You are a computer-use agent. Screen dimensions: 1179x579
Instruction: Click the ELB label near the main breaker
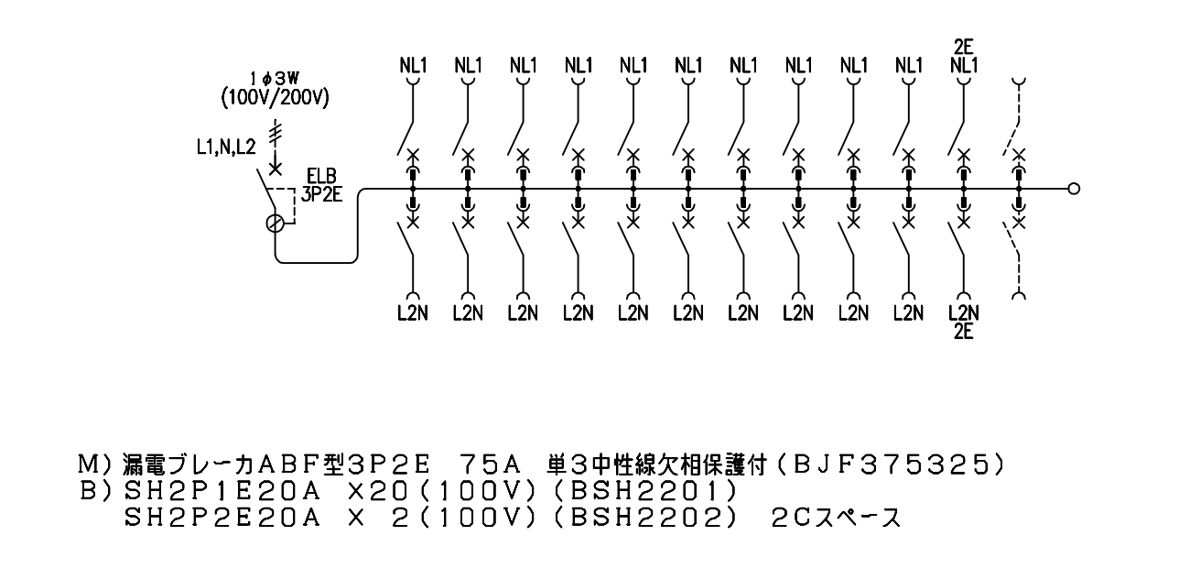coord(321,175)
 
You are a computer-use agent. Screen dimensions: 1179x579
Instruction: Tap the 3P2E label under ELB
coord(321,194)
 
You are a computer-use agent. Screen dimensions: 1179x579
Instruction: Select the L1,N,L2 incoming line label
coord(226,147)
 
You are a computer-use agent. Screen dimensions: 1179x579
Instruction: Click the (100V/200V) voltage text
coord(276,98)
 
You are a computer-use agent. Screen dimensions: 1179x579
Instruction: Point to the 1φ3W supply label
coord(275,79)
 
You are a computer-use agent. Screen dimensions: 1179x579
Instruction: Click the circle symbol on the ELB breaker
coord(275,224)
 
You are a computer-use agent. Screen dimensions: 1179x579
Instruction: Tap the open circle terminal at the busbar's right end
coord(1075,189)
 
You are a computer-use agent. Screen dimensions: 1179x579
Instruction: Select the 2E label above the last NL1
coord(963,48)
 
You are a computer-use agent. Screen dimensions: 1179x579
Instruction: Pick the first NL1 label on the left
coord(413,66)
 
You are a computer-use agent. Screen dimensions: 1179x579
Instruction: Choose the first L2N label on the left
coord(413,313)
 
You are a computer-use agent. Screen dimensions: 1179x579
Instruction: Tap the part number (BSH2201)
coord(645,492)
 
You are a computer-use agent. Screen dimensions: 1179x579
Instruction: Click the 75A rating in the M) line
coord(490,465)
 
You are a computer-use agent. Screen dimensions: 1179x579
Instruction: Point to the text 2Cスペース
coord(837,518)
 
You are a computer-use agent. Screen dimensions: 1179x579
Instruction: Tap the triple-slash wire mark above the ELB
coord(275,133)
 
